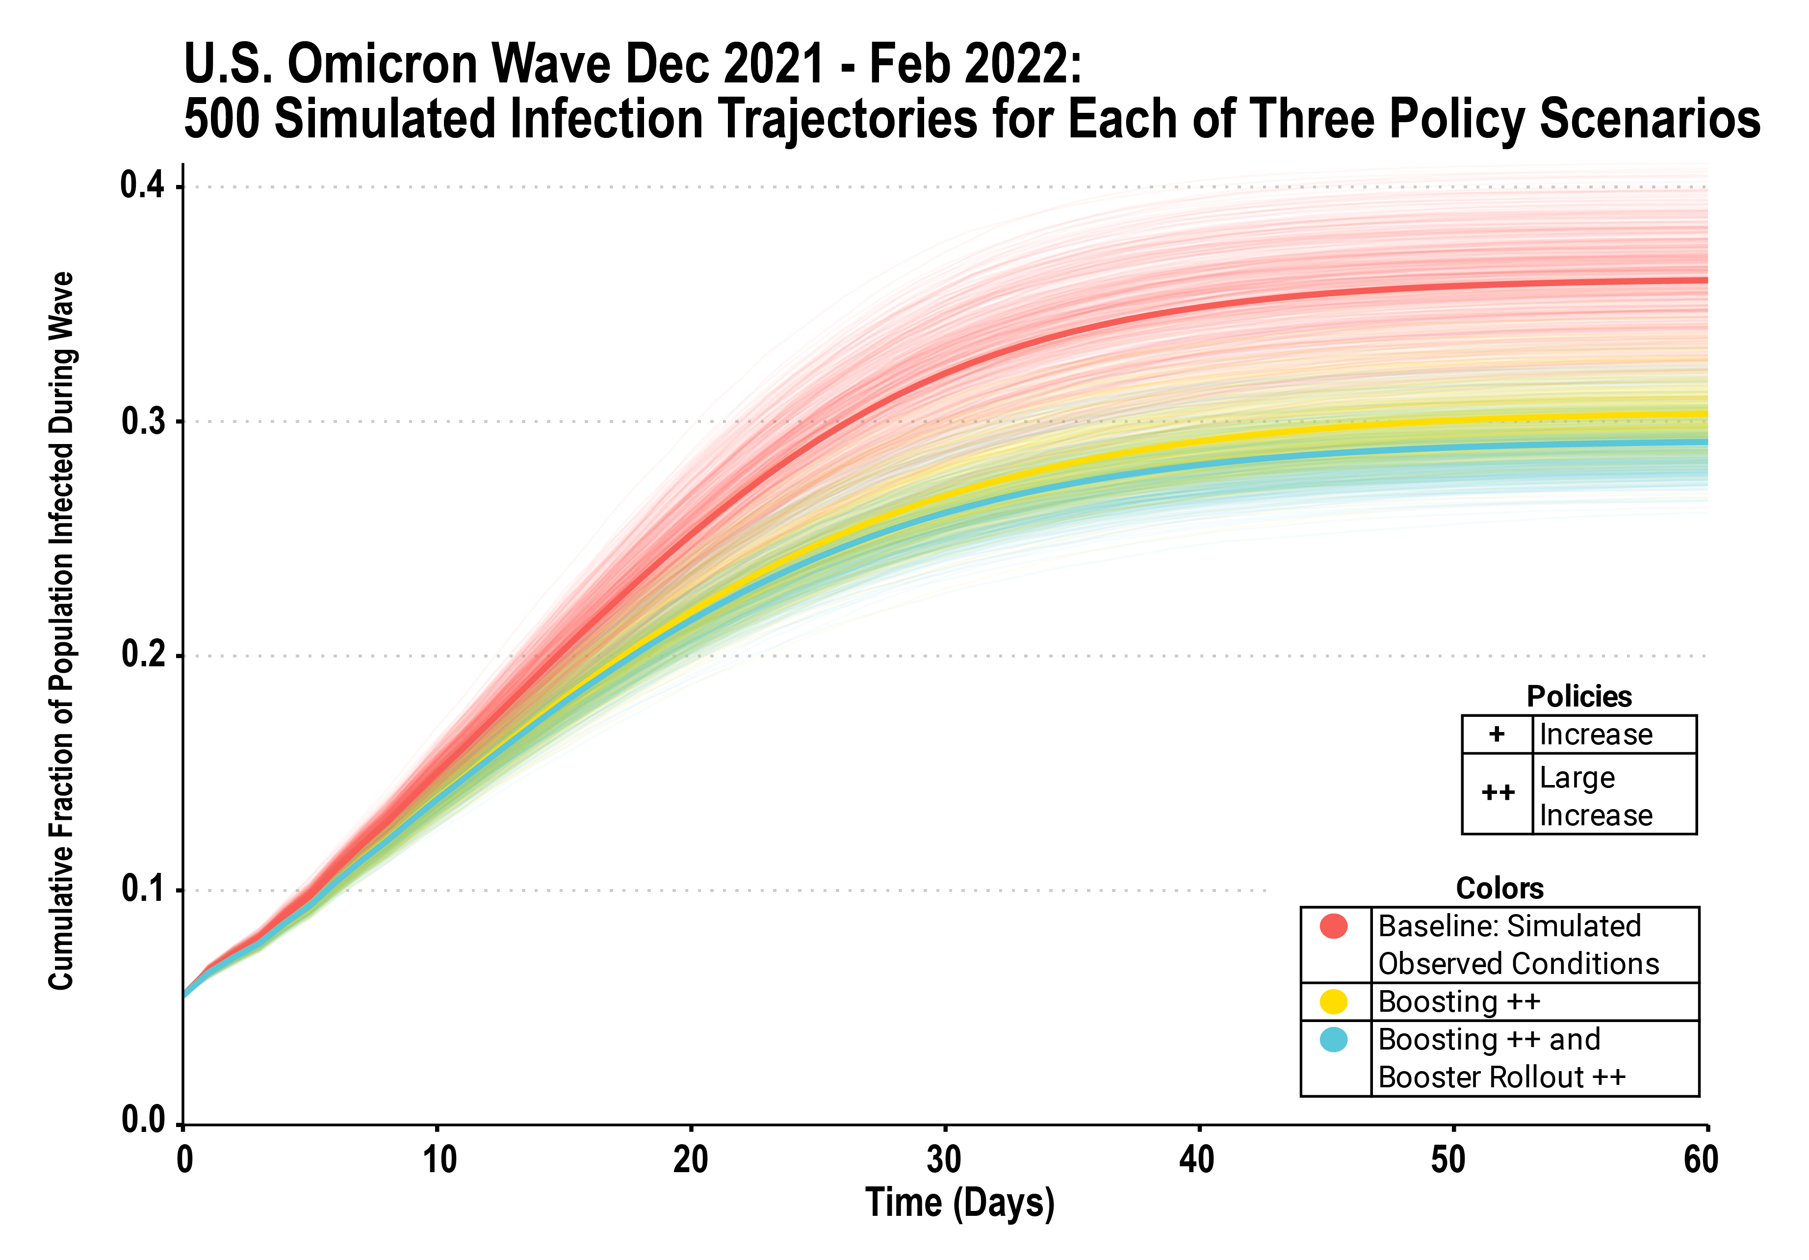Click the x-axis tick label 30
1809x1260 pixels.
click(944, 1159)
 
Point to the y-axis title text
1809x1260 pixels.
click(61, 630)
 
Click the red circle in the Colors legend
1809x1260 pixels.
click(1333, 926)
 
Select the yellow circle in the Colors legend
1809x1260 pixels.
click(1333, 1001)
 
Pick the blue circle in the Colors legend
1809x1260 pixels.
click(1333, 1039)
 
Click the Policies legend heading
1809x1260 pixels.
click(1579, 697)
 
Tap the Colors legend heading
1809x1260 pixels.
click(1499, 888)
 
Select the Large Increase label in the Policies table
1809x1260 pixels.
click(1596, 796)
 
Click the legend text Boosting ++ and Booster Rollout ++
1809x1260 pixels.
click(1501, 1058)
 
